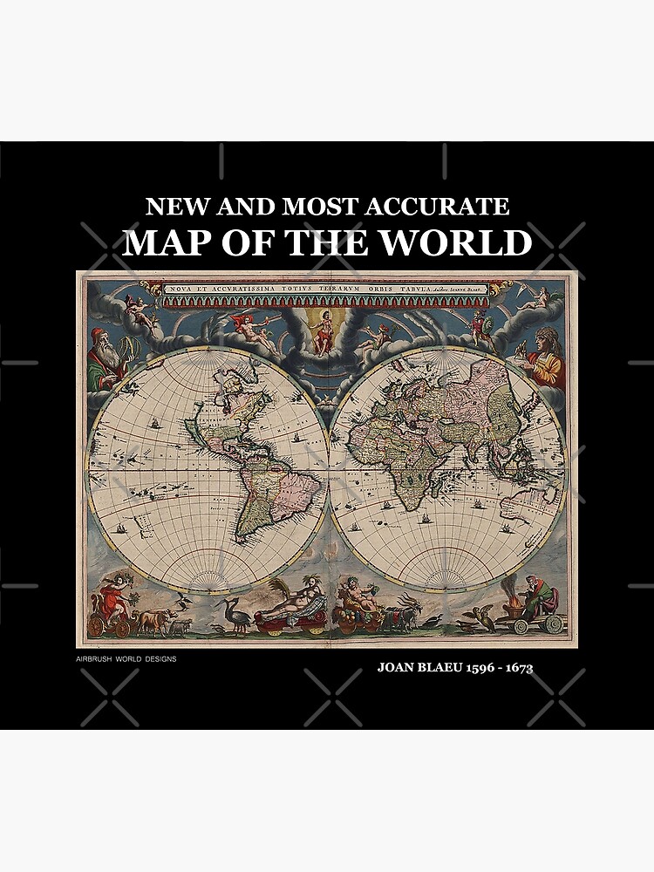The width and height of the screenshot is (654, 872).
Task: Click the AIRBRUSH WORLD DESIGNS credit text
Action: click(126, 659)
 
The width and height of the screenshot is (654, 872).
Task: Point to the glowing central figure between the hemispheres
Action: click(323, 330)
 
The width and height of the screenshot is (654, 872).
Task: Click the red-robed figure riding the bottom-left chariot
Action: click(112, 600)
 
